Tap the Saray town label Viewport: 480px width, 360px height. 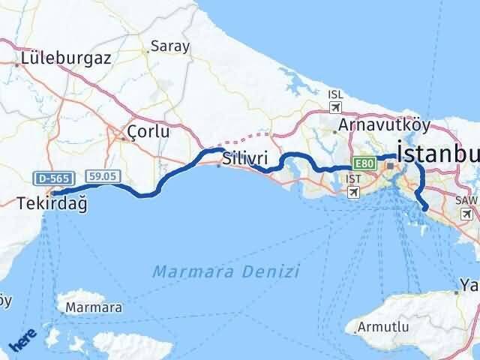[x=170, y=46]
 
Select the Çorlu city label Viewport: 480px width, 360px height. [x=148, y=131]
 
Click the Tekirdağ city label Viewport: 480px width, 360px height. [x=51, y=202]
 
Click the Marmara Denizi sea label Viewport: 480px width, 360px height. [x=226, y=271]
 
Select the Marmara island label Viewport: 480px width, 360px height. [x=94, y=307]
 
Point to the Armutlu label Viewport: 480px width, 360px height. [x=385, y=327]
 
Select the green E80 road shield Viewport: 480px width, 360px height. [x=364, y=163]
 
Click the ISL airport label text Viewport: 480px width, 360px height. [x=335, y=94]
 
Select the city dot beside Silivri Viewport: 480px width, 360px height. [x=218, y=166]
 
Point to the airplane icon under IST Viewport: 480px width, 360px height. [x=352, y=192]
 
